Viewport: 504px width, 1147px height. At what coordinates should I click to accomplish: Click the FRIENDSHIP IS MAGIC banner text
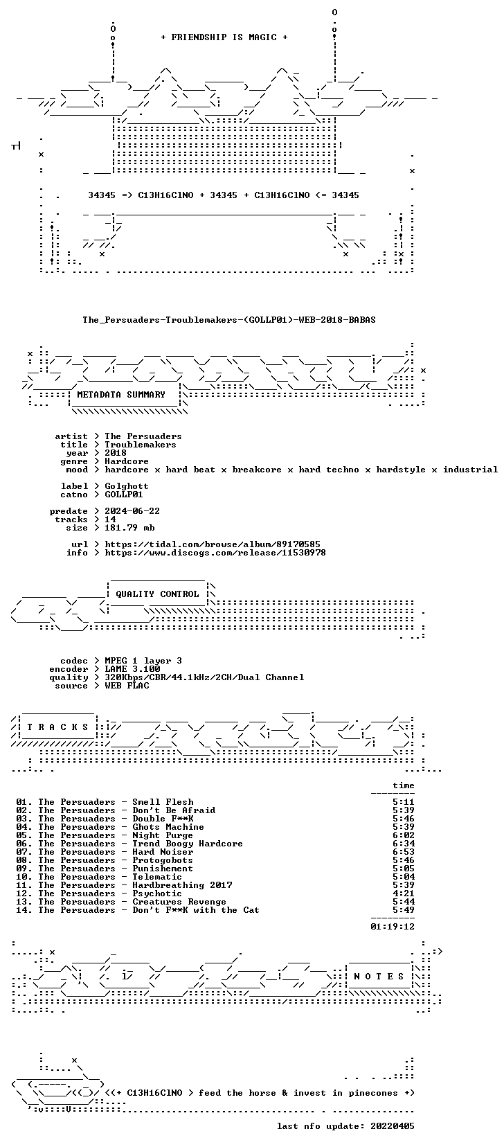pos(224,37)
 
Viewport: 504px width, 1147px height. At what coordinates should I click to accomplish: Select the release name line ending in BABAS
pos(229,320)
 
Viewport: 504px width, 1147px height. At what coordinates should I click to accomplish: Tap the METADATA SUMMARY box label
pos(121,395)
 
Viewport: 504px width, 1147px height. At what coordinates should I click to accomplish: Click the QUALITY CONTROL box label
pos(157,594)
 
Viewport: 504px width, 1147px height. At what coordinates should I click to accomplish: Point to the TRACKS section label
pos(58,727)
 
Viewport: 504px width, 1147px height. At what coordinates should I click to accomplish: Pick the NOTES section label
pos(379,977)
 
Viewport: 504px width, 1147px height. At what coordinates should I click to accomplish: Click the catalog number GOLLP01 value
pos(124,495)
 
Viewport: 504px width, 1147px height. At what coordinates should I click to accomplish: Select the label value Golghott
pos(127,486)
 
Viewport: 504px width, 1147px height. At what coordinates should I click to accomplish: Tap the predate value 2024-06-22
pos(132,511)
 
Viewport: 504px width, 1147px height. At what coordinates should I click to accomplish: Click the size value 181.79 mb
pos(129,528)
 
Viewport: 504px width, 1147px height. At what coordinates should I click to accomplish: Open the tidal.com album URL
pos(213,544)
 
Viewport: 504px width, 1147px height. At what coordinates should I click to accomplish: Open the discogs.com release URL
pos(215,553)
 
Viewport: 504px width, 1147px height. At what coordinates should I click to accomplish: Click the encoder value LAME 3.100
pos(132,669)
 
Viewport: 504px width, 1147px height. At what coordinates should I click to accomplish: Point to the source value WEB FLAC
pos(127,686)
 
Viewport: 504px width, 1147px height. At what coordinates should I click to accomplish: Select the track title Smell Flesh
pos(163,802)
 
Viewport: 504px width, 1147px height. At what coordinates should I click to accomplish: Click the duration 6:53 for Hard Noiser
pos(403,852)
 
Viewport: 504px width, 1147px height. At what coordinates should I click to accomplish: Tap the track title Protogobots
pos(162,860)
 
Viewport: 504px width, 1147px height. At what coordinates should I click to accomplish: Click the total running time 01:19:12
pos(393,926)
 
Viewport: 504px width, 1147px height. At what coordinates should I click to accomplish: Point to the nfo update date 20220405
pos(393,1126)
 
